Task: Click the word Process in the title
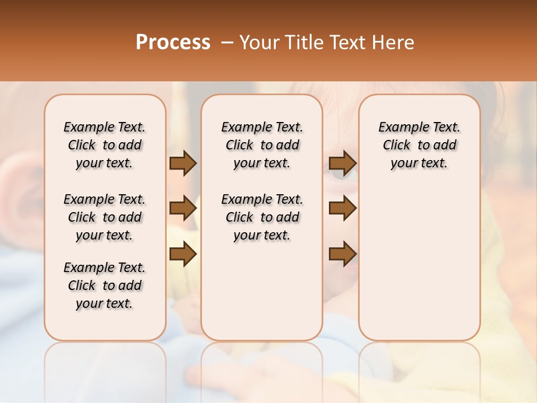click(x=173, y=43)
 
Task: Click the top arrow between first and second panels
click(x=182, y=163)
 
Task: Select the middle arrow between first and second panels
click(x=182, y=208)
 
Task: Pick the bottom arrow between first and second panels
click(x=182, y=254)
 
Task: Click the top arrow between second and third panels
click(x=342, y=163)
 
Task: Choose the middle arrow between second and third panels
click(x=342, y=208)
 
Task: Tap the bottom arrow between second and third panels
click(x=342, y=254)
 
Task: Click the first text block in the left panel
click(x=105, y=145)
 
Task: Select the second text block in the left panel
click(x=105, y=217)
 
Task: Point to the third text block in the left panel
click(x=105, y=285)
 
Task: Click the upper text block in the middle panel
click(x=262, y=145)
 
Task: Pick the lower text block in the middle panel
click(x=262, y=217)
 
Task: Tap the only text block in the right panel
click(x=419, y=145)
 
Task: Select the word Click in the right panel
click(x=397, y=146)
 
